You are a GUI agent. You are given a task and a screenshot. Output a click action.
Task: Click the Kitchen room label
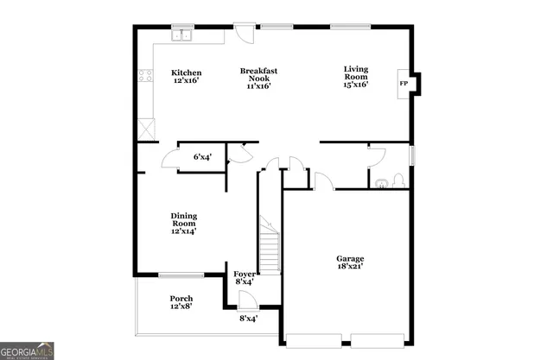(186, 73)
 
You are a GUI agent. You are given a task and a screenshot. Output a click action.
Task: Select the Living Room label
(356, 73)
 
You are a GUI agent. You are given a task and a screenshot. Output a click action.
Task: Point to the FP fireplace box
(404, 84)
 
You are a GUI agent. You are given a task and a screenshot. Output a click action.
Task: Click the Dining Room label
(184, 220)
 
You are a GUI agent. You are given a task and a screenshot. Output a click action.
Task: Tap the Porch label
(181, 299)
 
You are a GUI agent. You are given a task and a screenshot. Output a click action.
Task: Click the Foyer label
(245, 274)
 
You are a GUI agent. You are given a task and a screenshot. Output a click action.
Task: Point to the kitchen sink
(181, 36)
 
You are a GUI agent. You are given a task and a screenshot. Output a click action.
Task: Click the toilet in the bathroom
(397, 180)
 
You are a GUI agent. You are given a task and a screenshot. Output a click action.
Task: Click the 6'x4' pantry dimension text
(202, 156)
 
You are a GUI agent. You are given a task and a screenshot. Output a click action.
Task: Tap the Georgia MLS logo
(28, 350)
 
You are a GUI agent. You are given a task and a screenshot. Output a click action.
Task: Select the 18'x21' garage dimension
(350, 267)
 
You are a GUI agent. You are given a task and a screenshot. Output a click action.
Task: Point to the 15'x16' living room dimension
(356, 84)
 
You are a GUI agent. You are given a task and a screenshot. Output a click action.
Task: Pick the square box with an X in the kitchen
(147, 129)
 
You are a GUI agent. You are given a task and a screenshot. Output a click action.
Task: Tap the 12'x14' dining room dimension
(184, 231)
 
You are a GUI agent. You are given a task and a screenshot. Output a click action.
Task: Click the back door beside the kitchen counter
(245, 34)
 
